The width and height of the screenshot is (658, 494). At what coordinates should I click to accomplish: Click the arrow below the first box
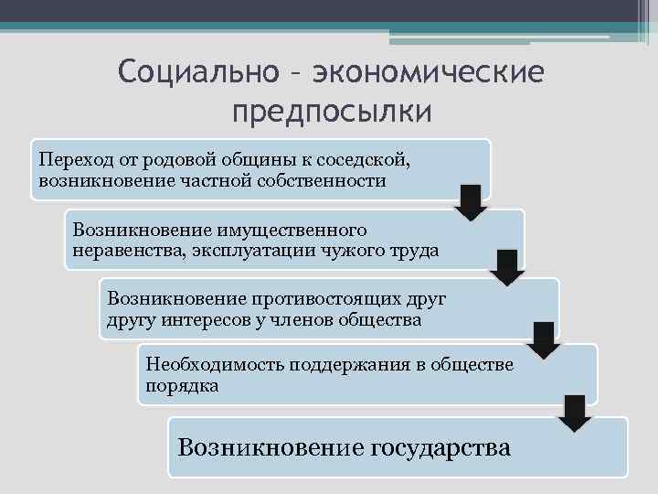pos(471,201)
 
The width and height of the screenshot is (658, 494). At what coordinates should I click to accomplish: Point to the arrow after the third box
pos(544,338)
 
